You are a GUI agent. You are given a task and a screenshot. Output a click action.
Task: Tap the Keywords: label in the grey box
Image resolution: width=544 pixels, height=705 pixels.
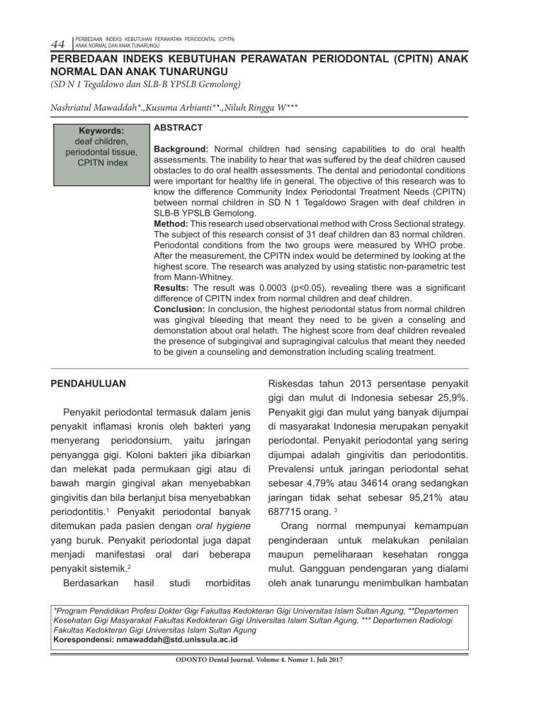(x=102, y=131)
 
